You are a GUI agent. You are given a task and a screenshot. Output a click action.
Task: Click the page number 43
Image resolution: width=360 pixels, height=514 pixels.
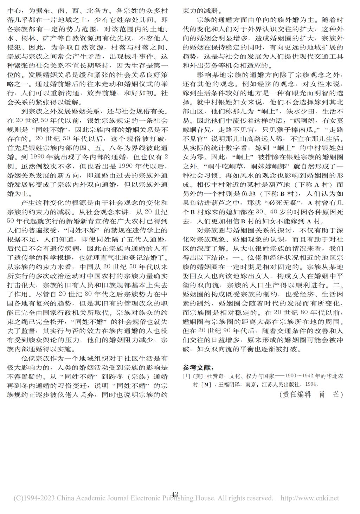(x=174, y=494)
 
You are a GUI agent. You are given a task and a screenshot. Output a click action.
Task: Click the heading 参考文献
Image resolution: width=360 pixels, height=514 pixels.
(x=198, y=367)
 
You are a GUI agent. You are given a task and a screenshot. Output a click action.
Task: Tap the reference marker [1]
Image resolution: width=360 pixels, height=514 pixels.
(x=186, y=376)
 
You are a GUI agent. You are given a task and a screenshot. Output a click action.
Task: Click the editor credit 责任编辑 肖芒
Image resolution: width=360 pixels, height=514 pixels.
(x=311, y=394)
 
